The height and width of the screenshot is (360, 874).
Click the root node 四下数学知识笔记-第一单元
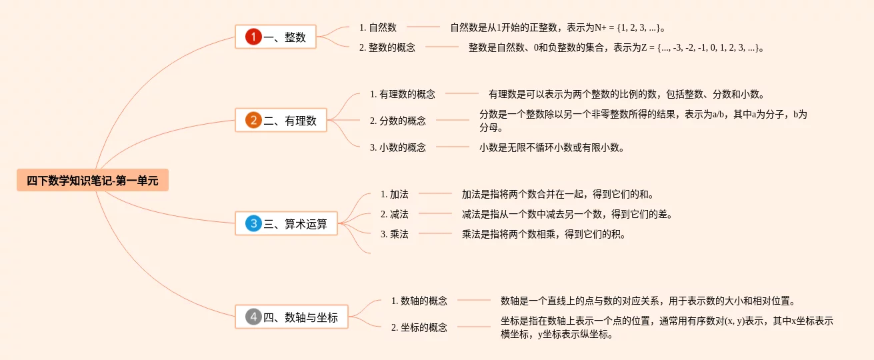[93, 180]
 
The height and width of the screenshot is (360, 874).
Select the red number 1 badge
[253, 37]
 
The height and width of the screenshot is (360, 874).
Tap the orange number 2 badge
[253, 121]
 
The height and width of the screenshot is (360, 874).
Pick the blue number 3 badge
[253, 224]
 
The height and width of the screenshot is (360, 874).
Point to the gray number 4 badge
[253, 317]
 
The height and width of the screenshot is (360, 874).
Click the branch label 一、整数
[285, 37]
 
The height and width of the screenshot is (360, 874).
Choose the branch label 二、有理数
[291, 121]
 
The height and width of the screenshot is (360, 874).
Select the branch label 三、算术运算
[296, 224]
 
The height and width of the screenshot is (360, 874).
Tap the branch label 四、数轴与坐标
[301, 317]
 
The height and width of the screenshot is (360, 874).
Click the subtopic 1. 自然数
[378, 27]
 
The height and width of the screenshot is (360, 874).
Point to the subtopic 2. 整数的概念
[387, 47]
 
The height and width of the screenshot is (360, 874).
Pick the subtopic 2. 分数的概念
[398, 121]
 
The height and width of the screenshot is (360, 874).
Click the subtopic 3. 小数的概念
[398, 147]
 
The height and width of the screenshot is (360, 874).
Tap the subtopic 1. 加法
[395, 194]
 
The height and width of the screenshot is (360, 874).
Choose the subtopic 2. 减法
[395, 214]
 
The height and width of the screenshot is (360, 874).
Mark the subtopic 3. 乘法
[395, 234]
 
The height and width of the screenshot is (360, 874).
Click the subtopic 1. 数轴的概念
[419, 301]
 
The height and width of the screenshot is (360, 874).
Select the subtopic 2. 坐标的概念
[419, 327]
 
